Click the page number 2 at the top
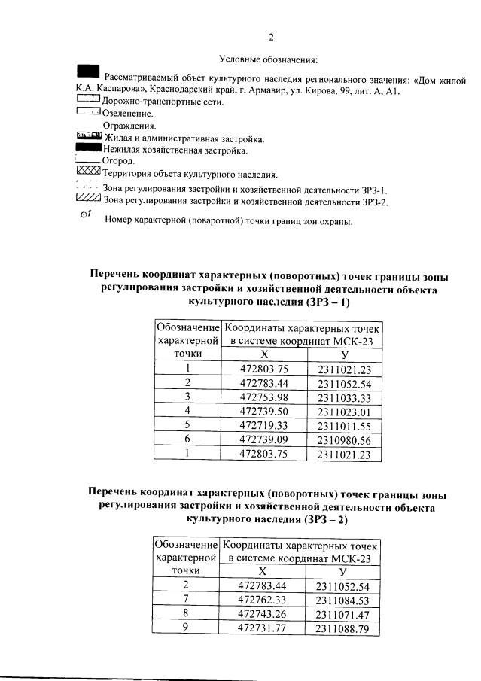tap(272, 38)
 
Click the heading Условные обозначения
tap(269, 59)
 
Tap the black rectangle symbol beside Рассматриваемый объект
tap(88, 71)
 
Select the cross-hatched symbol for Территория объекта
tap(88, 173)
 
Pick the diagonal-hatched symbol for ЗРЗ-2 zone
tap(88, 199)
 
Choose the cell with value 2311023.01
tap(345, 412)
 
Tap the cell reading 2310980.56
tap(345, 439)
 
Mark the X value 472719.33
tap(264, 426)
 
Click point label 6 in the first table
tap(187, 439)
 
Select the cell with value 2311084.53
tap(342, 600)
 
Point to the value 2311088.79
tap(342, 628)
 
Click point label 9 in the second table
tap(186, 628)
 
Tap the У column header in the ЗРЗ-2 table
tap(342, 572)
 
